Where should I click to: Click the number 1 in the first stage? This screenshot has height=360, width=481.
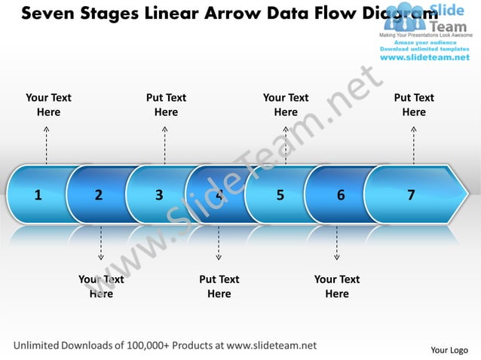pyautogui.click(x=38, y=195)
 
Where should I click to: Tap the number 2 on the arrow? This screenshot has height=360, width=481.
pyautogui.click(x=99, y=195)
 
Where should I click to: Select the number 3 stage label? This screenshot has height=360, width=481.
pyautogui.click(x=159, y=195)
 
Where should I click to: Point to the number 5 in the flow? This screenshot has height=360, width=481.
pyautogui.click(x=280, y=195)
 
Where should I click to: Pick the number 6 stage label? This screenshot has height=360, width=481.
pyautogui.click(x=341, y=195)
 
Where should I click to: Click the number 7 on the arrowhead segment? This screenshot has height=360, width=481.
pyautogui.click(x=411, y=195)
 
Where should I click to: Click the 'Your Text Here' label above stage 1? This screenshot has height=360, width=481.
pyautogui.click(x=49, y=105)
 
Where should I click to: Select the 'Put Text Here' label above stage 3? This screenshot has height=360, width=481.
pyautogui.click(x=166, y=105)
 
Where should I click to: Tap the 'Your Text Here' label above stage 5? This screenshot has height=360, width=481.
pyautogui.click(x=286, y=105)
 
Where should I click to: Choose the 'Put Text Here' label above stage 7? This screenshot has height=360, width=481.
pyautogui.click(x=414, y=105)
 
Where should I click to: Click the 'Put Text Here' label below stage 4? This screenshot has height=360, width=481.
pyautogui.click(x=219, y=286)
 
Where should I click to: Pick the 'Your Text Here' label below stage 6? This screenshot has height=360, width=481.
pyautogui.click(x=337, y=286)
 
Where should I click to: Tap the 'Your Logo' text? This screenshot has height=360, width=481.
pyautogui.click(x=449, y=349)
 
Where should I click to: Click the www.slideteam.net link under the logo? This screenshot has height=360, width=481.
pyautogui.click(x=425, y=57)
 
